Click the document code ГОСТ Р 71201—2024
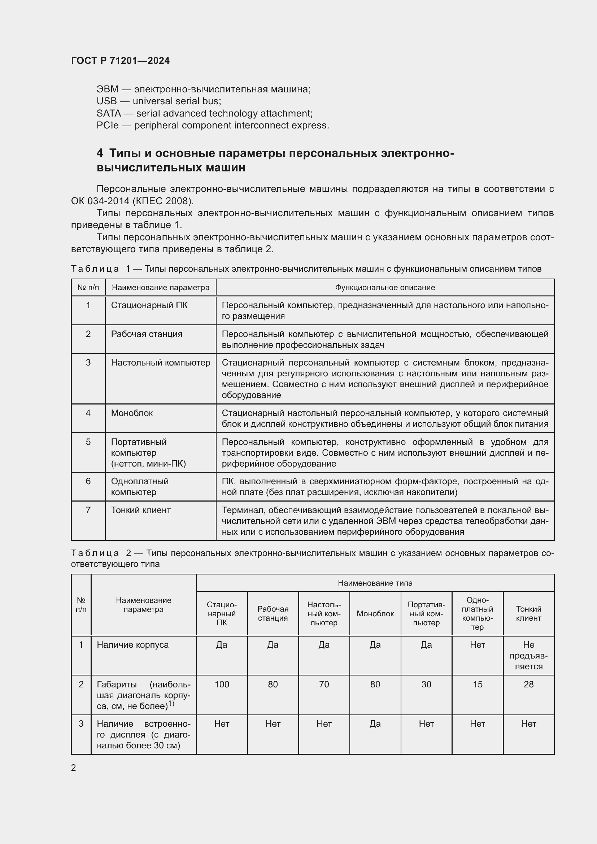pos(120,61)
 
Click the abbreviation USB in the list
pos(106,101)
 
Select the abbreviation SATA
pos(108,113)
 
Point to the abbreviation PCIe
pos(107,125)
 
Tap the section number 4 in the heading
pos(100,153)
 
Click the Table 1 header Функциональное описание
pos(384,288)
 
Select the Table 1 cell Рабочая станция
pos(146,334)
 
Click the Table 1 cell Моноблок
pos(132,413)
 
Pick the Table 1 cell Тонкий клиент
pos(140,510)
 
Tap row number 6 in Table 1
pos(88,481)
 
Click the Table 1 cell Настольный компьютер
pos(160,362)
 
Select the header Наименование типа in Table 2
pos(375,583)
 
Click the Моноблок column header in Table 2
pos(375,613)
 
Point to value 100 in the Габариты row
pos(222,684)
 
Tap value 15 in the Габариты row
pos(477,684)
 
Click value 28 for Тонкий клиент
pos(528,684)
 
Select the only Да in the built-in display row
pos(375,723)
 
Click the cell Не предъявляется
pos(528,655)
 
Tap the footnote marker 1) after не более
pos(171,704)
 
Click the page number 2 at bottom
pos(74,768)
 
